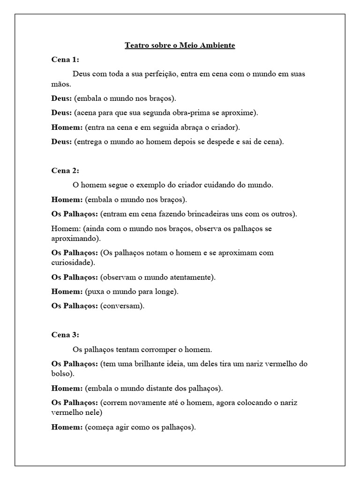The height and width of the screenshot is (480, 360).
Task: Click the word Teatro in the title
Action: pos(136,45)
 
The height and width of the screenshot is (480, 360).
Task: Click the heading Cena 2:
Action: pos(65,171)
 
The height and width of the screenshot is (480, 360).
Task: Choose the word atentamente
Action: pos(190,277)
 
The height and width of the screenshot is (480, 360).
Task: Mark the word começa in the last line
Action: pos(100,427)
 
